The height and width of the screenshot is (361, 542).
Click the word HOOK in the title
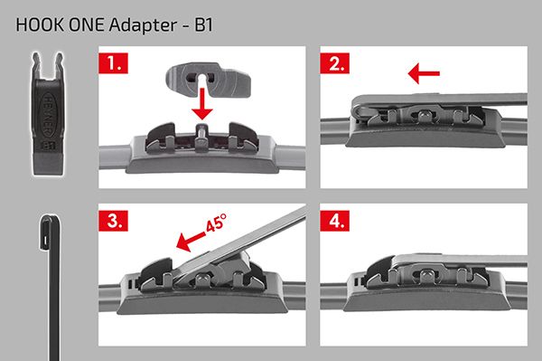41,25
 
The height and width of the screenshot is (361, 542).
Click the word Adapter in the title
143,25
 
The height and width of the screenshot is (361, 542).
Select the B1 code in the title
203,25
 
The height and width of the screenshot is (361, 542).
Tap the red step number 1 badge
114,63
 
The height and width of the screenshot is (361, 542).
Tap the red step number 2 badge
334,63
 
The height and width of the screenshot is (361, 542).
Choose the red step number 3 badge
114,221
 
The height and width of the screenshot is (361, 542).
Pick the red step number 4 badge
334,221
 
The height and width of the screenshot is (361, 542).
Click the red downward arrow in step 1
202,103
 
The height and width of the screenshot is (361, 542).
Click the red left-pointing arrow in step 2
424,73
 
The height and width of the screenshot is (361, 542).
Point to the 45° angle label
217,223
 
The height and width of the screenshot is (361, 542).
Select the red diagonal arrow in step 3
190,242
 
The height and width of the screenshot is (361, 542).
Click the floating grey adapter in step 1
208,80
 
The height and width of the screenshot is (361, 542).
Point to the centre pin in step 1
201,133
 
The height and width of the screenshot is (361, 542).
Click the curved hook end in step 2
360,110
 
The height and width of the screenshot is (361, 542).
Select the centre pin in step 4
425,274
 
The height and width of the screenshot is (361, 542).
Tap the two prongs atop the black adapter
48,65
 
